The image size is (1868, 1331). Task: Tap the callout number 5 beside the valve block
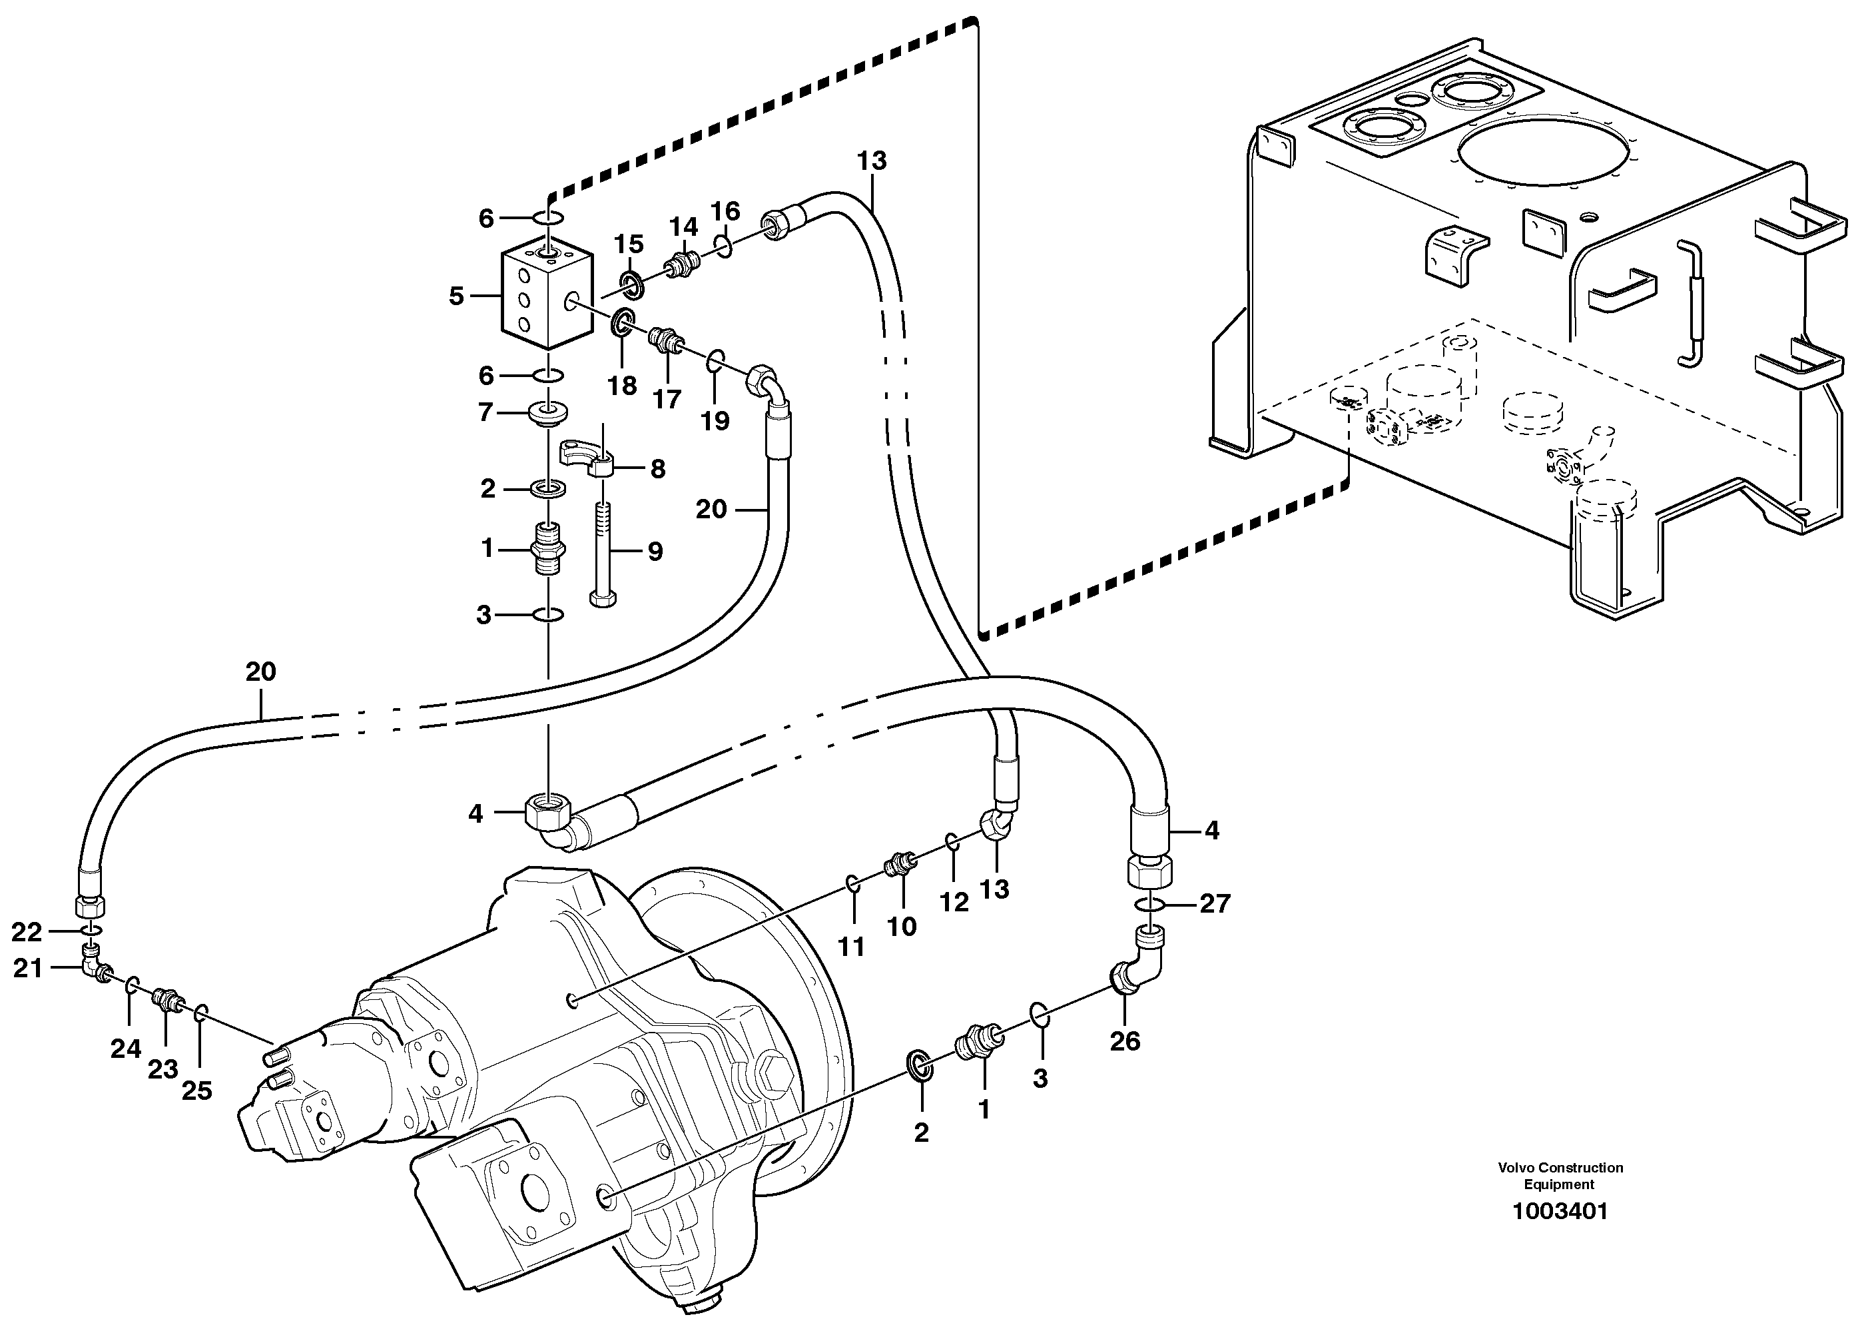(456, 296)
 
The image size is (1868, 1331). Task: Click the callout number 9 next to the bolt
(655, 552)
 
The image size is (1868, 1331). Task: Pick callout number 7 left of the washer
(485, 412)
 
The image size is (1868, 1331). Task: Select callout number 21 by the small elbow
(27, 969)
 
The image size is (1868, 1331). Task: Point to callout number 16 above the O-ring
(725, 211)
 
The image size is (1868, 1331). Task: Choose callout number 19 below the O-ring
(715, 421)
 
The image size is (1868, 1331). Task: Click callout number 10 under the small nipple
(902, 927)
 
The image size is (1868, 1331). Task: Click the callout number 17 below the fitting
(667, 399)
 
